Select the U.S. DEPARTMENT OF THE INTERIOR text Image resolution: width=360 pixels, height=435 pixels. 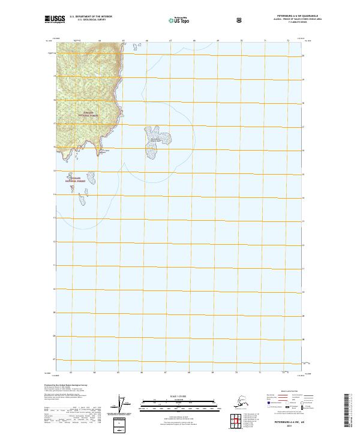[x=91, y=17]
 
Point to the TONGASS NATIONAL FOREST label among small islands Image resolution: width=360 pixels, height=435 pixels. [x=78, y=179]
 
